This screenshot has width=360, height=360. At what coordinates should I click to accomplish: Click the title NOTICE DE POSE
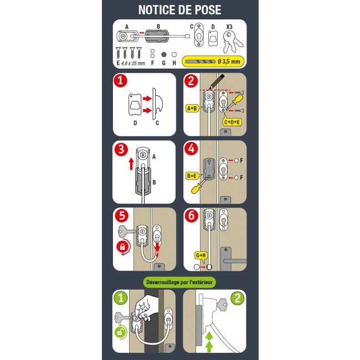point(180,10)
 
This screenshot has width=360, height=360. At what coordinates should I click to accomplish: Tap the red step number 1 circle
point(121,81)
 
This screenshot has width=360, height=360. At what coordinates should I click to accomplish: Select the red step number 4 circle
point(191,148)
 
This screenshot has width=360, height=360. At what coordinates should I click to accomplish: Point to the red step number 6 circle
point(191,215)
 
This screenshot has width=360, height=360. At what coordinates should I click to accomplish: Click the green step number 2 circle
point(238,298)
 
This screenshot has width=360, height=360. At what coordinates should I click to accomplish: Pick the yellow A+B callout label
point(192,108)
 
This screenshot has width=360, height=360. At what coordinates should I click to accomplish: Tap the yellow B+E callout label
point(192,176)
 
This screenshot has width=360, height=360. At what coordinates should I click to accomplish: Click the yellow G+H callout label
point(201,256)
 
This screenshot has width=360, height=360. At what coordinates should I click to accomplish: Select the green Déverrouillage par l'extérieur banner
point(179,282)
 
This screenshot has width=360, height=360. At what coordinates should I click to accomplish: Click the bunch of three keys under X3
point(232,42)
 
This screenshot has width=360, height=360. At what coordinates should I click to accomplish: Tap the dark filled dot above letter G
point(164,55)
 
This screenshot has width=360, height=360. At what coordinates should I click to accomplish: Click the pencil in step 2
point(217,82)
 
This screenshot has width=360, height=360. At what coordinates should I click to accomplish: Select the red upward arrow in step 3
point(131,164)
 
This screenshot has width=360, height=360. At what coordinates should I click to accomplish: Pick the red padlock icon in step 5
point(122,247)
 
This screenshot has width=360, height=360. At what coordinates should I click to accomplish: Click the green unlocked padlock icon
point(121,332)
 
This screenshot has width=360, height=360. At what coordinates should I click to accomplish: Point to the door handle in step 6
point(232,259)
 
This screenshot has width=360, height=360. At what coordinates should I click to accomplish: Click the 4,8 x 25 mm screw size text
point(133,63)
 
